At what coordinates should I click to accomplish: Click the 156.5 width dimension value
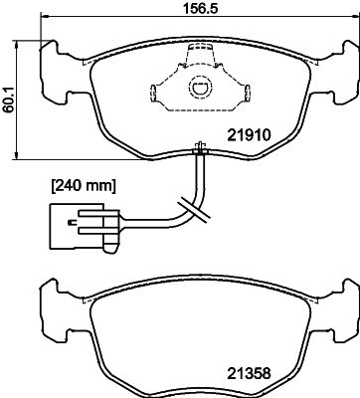pos(201,7)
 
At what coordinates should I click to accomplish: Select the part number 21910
pos(249,135)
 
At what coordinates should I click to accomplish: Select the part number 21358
pos(249,374)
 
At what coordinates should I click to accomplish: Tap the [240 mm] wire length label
pos(84,186)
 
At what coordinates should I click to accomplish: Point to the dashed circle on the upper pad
pos(200,87)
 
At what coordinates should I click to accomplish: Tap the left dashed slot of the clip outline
pos(153,94)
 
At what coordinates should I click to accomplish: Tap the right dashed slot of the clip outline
pos(247,94)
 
